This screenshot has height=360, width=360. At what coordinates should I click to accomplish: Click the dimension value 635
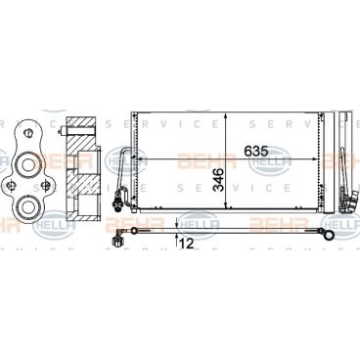255,152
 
